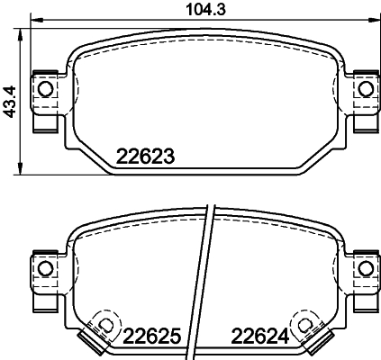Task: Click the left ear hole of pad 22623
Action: coord(42,87)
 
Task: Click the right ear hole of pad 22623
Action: coord(365,87)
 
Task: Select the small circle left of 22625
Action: coord(104,325)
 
